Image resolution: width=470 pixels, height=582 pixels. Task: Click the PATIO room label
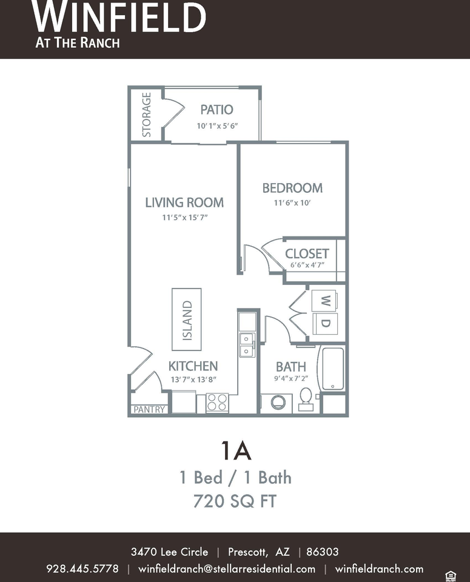tap(217, 110)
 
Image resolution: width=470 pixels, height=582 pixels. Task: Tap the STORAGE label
tap(147, 115)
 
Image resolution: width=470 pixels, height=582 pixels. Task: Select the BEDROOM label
tap(292, 188)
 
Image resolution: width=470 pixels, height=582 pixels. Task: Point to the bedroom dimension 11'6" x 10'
tap(292, 202)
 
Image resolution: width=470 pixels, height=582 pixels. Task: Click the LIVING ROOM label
tap(184, 202)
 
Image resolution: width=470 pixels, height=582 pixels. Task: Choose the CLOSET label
tap(307, 253)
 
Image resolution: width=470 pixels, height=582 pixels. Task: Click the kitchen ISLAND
tap(187, 319)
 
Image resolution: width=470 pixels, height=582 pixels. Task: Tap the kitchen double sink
tap(247, 345)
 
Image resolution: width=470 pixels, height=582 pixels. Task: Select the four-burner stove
tap(217, 403)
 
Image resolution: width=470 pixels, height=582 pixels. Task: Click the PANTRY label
tap(149, 409)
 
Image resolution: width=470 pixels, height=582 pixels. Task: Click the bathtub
tap(332, 369)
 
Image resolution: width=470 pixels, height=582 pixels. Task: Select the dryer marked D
tap(325, 324)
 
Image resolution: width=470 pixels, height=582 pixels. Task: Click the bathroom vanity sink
tap(278, 402)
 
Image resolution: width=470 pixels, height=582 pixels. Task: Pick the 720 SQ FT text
tap(235, 501)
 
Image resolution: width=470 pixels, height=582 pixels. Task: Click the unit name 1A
tap(236, 450)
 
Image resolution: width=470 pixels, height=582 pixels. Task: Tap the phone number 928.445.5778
tap(82, 569)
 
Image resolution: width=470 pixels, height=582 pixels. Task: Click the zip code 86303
tap(322, 552)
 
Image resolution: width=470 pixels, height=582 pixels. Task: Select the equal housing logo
tap(451, 576)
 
